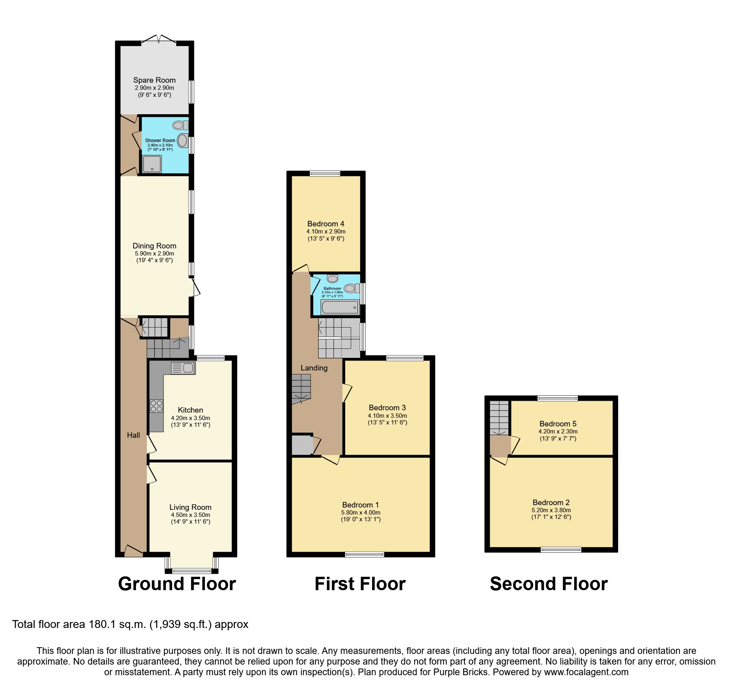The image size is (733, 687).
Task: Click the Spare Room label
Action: tap(154, 80)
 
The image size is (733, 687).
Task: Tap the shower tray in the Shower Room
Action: tap(152, 164)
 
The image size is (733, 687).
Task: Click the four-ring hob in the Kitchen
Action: tap(156, 406)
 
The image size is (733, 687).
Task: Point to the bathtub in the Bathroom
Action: tap(340, 307)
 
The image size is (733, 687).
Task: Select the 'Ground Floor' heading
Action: tap(177, 583)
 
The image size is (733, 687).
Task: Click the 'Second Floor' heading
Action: tap(549, 583)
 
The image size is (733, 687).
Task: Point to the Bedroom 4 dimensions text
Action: tap(326, 235)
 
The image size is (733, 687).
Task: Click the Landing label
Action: tap(314, 368)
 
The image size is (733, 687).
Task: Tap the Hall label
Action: tap(133, 435)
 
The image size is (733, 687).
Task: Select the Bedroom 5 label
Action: tap(558, 424)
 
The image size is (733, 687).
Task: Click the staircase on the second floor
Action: tap(499, 417)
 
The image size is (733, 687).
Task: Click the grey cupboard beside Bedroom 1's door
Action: tap(301, 445)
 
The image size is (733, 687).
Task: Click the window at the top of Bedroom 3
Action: tap(405, 358)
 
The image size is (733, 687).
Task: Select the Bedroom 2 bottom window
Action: tap(561, 550)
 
